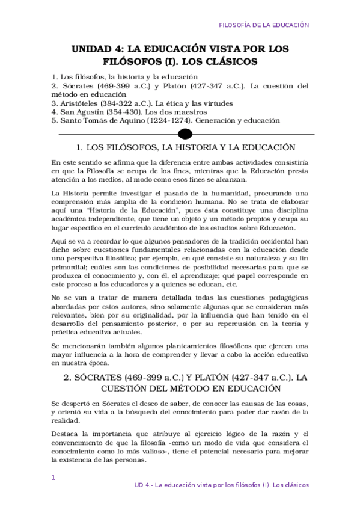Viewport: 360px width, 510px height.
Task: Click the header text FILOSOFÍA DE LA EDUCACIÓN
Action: click(263, 26)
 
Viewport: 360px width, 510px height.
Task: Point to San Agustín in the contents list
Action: click(83, 112)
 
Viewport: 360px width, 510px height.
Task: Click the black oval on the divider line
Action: click(186, 133)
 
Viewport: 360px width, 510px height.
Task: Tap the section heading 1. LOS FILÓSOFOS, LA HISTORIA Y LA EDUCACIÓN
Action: click(186, 147)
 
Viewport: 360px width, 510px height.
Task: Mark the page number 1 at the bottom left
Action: click(54, 478)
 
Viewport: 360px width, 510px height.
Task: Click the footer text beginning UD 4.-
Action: click(222, 485)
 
